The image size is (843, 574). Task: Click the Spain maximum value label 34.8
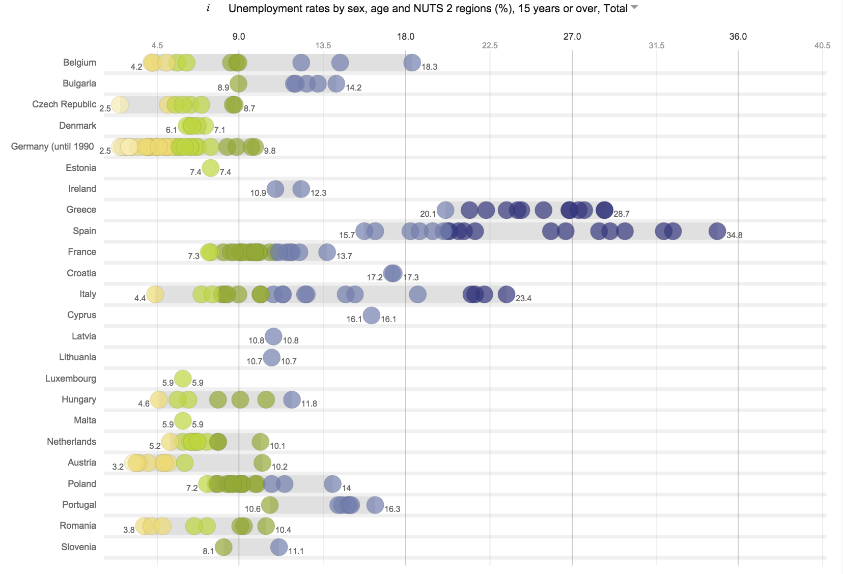click(x=734, y=235)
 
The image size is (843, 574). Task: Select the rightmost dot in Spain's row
click(x=717, y=231)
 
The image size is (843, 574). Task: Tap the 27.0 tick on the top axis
click(x=572, y=37)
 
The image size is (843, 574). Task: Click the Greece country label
click(x=81, y=210)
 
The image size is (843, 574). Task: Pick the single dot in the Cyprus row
click(x=372, y=315)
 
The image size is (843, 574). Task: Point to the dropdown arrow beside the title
click(x=634, y=8)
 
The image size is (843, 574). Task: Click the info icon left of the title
click(x=208, y=8)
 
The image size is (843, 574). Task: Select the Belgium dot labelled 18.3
click(x=412, y=63)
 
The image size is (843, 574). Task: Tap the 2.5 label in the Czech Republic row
click(x=105, y=108)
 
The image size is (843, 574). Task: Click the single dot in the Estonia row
click(x=210, y=168)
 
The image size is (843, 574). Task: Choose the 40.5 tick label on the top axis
click(x=822, y=45)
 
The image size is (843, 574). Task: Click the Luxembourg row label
click(x=71, y=379)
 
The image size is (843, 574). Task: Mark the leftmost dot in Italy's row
click(x=155, y=294)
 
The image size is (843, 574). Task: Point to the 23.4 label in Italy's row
click(x=523, y=298)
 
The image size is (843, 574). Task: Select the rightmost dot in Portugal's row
click(x=375, y=505)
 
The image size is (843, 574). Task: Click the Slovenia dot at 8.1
click(x=223, y=548)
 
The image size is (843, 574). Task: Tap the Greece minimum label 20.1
click(x=428, y=214)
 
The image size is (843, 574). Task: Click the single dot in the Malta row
click(x=183, y=421)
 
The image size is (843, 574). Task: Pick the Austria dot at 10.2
click(x=262, y=463)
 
